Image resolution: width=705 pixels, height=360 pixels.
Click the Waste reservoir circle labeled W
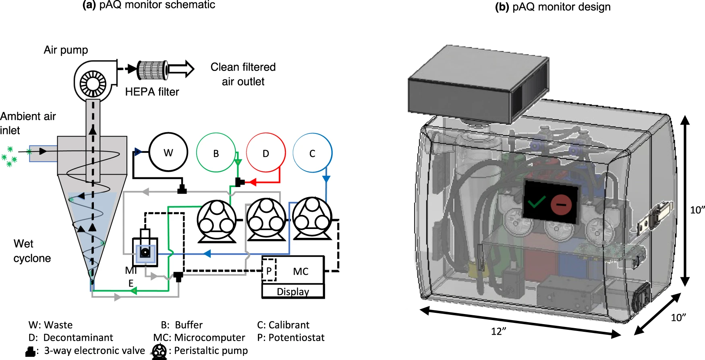point(168,152)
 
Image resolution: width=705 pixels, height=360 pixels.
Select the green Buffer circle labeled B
point(216,153)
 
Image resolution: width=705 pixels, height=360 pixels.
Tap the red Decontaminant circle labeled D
point(265,153)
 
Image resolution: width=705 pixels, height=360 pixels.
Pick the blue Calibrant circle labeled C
point(312,153)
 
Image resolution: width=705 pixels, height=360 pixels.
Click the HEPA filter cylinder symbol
point(152,69)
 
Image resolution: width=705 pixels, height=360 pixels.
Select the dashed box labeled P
point(269,271)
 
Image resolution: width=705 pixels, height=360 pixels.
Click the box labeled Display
point(293,291)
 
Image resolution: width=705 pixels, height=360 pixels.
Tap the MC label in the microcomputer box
point(301,271)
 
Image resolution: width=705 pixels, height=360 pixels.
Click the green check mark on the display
point(536,201)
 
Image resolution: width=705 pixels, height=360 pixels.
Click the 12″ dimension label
point(498,331)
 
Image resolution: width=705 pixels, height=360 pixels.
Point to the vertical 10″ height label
point(697,210)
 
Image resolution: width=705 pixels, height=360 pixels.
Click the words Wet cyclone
point(32,251)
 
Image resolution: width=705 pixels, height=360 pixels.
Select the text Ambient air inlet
point(27,123)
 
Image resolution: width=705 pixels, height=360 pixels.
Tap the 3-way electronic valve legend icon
point(30,352)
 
